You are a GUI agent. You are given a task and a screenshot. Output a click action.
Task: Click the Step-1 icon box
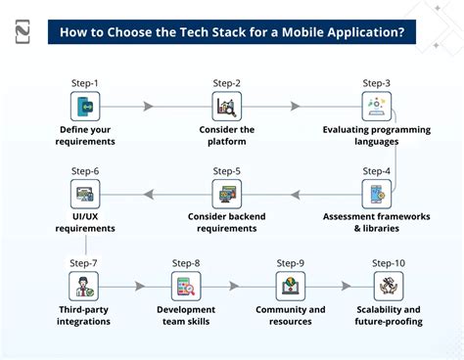pos(86,106)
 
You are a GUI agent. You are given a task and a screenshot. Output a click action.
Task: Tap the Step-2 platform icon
pos(227,106)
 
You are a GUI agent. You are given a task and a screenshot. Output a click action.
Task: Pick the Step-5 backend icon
pos(227,193)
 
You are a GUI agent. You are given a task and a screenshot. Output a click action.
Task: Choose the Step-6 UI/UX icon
pos(84,193)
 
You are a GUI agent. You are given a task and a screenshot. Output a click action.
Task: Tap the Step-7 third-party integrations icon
pos(84,287)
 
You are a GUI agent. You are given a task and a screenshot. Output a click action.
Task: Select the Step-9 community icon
pos(290,287)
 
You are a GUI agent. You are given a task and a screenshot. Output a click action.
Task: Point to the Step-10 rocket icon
pos(389,287)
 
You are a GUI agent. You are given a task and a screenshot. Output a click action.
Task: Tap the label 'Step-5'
pos(227,171)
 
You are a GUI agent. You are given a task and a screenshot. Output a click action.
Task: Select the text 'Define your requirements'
pos(85,135)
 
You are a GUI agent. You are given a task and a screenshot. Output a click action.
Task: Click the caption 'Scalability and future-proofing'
pos(389,316)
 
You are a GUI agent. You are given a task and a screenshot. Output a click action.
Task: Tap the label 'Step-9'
pos(290,263)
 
